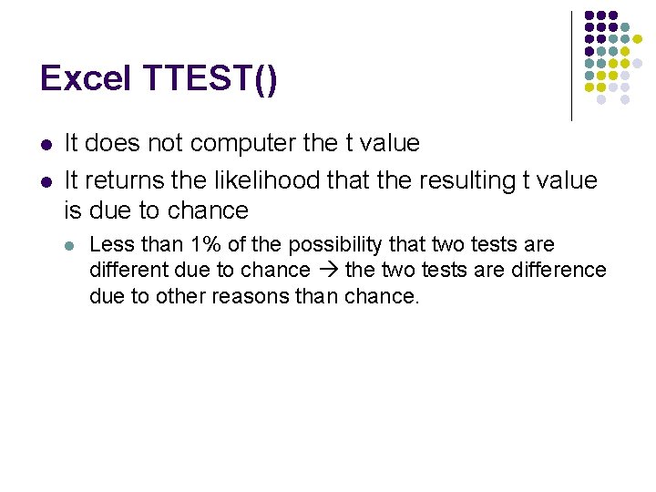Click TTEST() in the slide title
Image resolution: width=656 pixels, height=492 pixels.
(x=210, y=79)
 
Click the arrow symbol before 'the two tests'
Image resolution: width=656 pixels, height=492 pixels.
(x=328, y=271)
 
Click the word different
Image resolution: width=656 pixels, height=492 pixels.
(x=127, y=270)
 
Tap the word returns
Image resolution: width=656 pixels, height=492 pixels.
(x=121, y=180)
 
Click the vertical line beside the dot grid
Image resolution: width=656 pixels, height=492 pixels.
(x=572, y=66)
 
